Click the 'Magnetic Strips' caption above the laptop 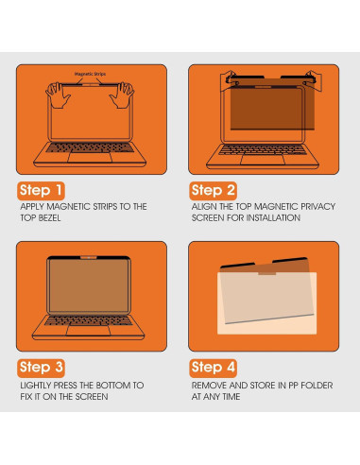tap(91, 73)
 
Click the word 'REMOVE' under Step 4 tap(209, 385)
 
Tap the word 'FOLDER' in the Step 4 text tap(307, 385)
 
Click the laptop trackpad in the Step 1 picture tap(91, 163)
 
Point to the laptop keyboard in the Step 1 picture tap(91, 152)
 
